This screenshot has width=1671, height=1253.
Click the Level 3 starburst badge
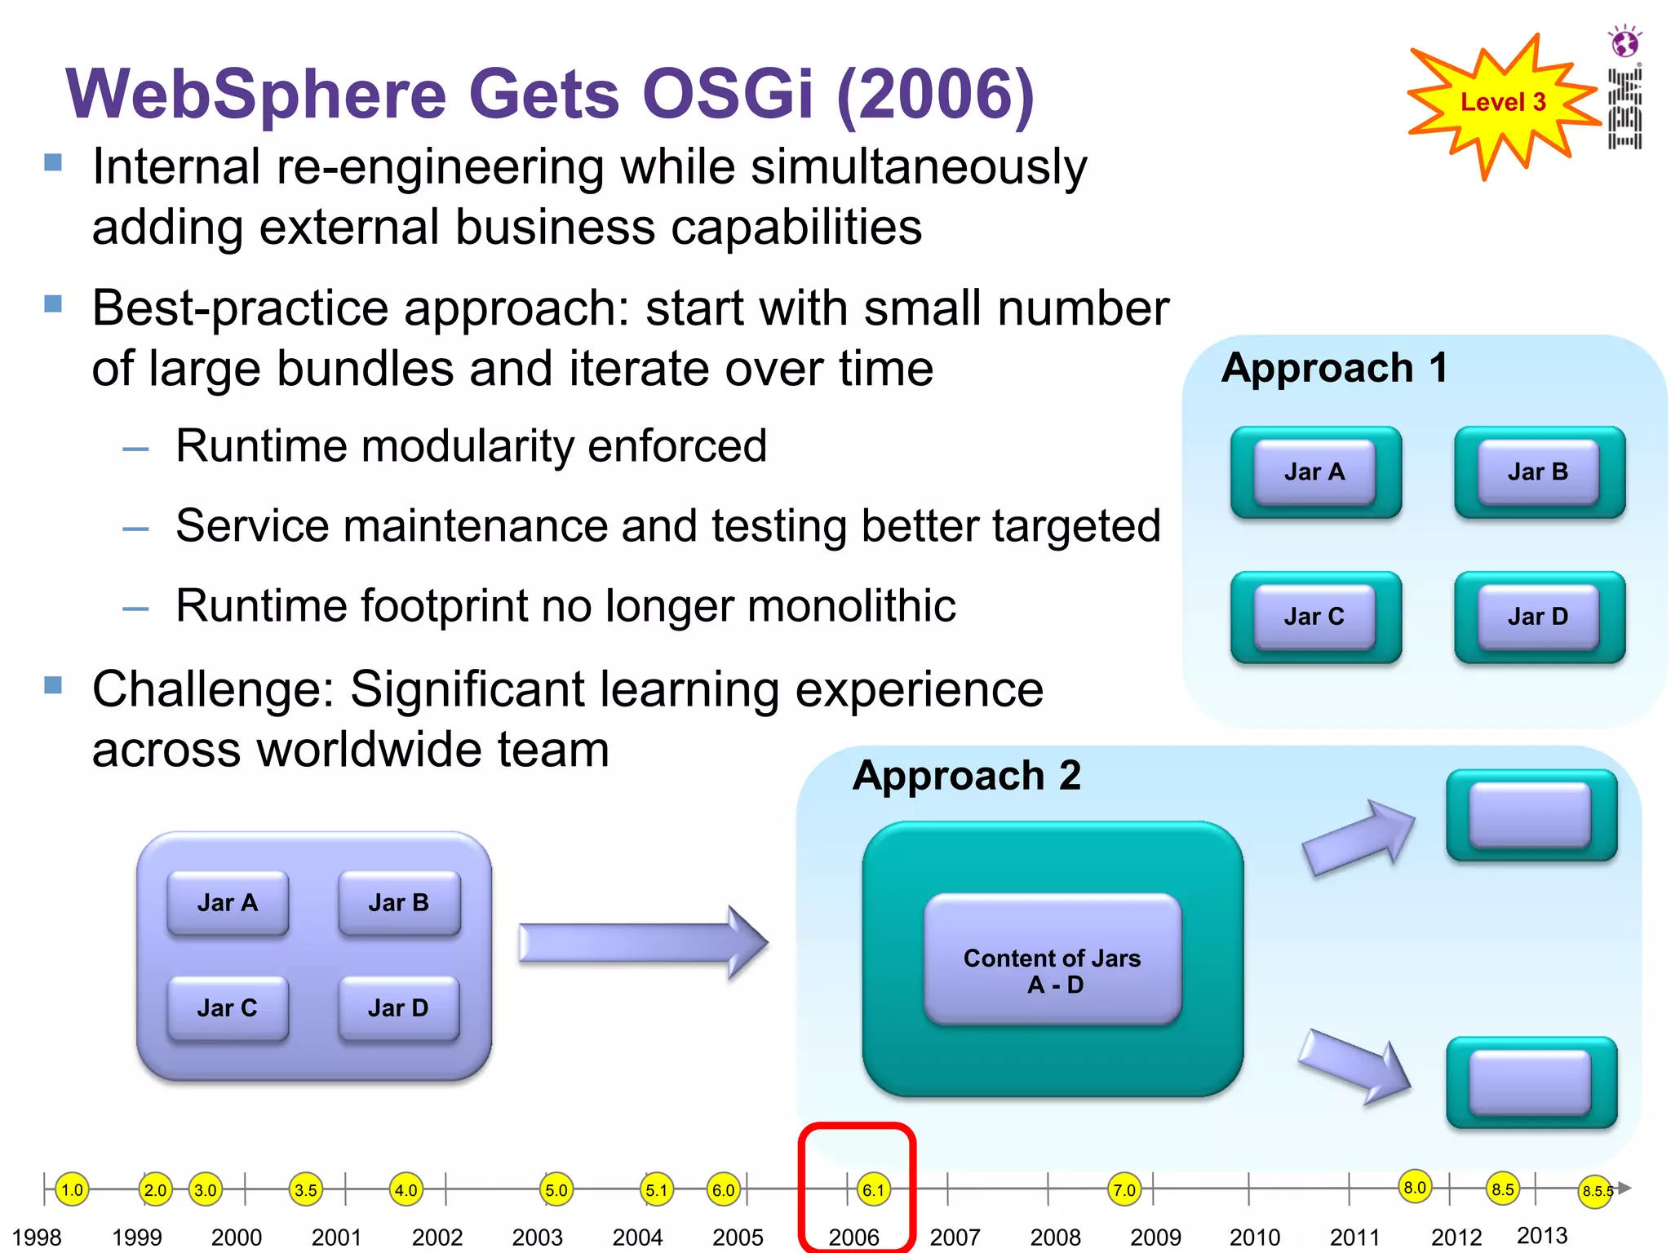1503,104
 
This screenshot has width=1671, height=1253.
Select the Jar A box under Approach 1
1314,472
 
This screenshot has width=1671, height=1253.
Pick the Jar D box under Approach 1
1538,617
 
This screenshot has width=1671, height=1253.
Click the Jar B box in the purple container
399,903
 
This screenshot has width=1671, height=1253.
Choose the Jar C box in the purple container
228,1008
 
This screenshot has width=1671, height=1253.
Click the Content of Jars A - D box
1053,960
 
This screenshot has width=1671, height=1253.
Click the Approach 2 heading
967,775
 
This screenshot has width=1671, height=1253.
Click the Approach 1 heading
1335,368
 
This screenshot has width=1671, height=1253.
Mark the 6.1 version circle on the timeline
873,1189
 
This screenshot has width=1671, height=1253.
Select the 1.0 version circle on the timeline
72,1189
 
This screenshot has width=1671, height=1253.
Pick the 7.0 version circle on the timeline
1124,1189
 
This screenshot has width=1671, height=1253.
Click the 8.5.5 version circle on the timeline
1596,1191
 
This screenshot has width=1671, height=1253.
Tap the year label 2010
1255,1238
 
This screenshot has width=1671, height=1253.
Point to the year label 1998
37,1238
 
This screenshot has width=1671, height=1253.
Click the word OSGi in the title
728,94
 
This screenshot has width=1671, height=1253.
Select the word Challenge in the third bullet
212,690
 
